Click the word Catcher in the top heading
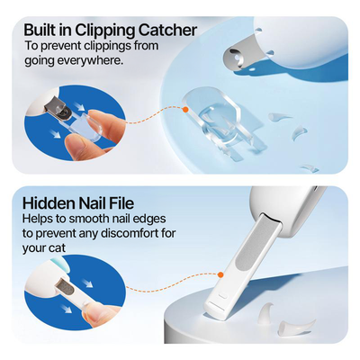click(165, 30)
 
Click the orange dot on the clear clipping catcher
click(185, 109)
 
